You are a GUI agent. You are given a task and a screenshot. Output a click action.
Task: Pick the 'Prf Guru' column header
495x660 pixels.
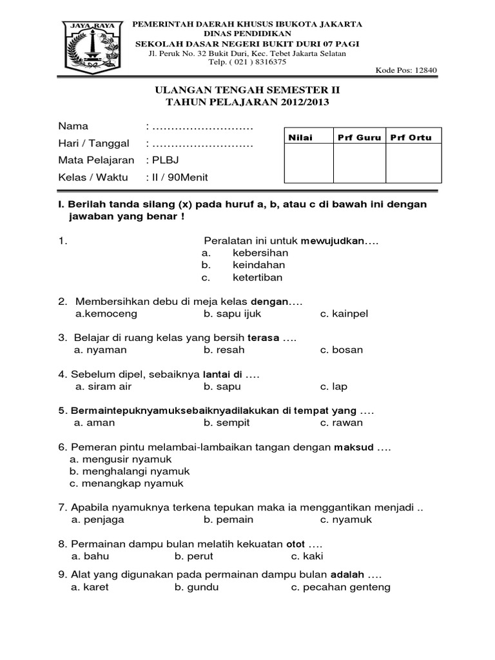(360, 138)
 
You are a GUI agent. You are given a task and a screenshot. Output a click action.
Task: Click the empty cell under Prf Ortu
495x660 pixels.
(413, 164)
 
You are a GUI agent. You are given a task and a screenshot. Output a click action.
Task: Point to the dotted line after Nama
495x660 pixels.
(200, 126)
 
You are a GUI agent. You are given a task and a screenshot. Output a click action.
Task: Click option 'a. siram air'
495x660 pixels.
(102, 387)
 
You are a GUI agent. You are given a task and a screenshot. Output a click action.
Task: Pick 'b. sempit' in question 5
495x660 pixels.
(227, 423)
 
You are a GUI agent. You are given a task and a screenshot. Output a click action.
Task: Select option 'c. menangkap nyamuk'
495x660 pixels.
(126, 483)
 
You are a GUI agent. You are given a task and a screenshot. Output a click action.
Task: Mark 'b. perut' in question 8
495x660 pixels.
(193, 556)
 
